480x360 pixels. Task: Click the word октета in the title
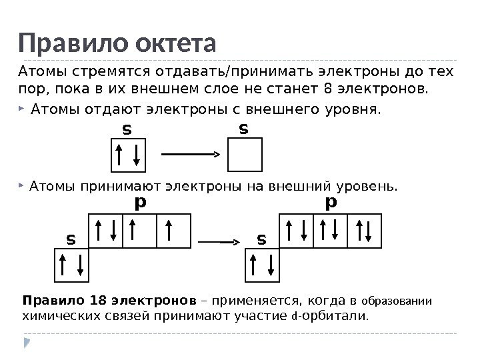click(x=175, y=44)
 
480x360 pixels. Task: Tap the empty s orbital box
click(x=245, y=155)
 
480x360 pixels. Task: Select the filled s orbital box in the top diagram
click(x=127, y=155)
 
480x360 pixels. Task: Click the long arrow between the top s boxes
click(x=191, y=154)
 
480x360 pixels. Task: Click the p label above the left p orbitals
click(x=139, y=201)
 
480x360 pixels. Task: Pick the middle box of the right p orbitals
click(x=331, y=231)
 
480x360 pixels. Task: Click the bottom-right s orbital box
click(x=263, y=265)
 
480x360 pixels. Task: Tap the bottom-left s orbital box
click(x=71, y=265)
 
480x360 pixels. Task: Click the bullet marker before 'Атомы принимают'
click(x=23, y=184)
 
